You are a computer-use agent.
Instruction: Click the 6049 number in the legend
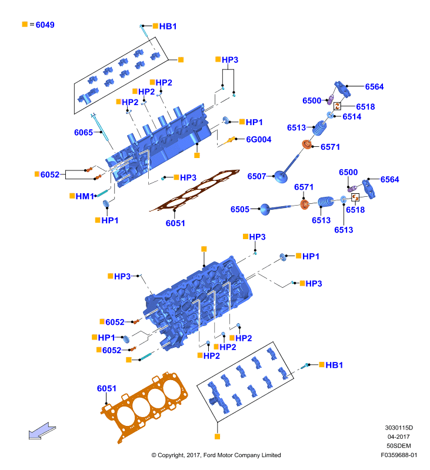[45, 25]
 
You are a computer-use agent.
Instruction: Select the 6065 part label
[84, 133]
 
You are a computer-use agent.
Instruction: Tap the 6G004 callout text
[259, 139]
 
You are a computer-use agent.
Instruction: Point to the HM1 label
[85, 196]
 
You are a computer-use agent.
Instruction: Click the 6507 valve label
[256, 176]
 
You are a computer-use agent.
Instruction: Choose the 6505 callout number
[240, 209]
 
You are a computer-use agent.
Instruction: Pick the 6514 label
[352, 116]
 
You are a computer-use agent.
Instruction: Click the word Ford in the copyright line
[209, 455]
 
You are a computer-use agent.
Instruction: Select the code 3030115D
[399, 428]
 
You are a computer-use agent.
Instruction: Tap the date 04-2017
[398, 437]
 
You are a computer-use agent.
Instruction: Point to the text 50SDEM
[398, 446]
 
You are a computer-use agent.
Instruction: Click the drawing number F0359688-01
[399, 455]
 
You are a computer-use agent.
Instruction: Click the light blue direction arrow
[42, 432]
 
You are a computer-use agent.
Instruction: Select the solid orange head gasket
[144, 405]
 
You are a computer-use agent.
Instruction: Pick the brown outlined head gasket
[195, 190]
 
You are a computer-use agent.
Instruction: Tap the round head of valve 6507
[281, 177]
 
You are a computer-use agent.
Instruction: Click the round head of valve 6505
[265, 210]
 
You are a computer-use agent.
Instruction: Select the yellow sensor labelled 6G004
[229, 140]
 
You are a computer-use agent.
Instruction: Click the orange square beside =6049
[25, 24]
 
